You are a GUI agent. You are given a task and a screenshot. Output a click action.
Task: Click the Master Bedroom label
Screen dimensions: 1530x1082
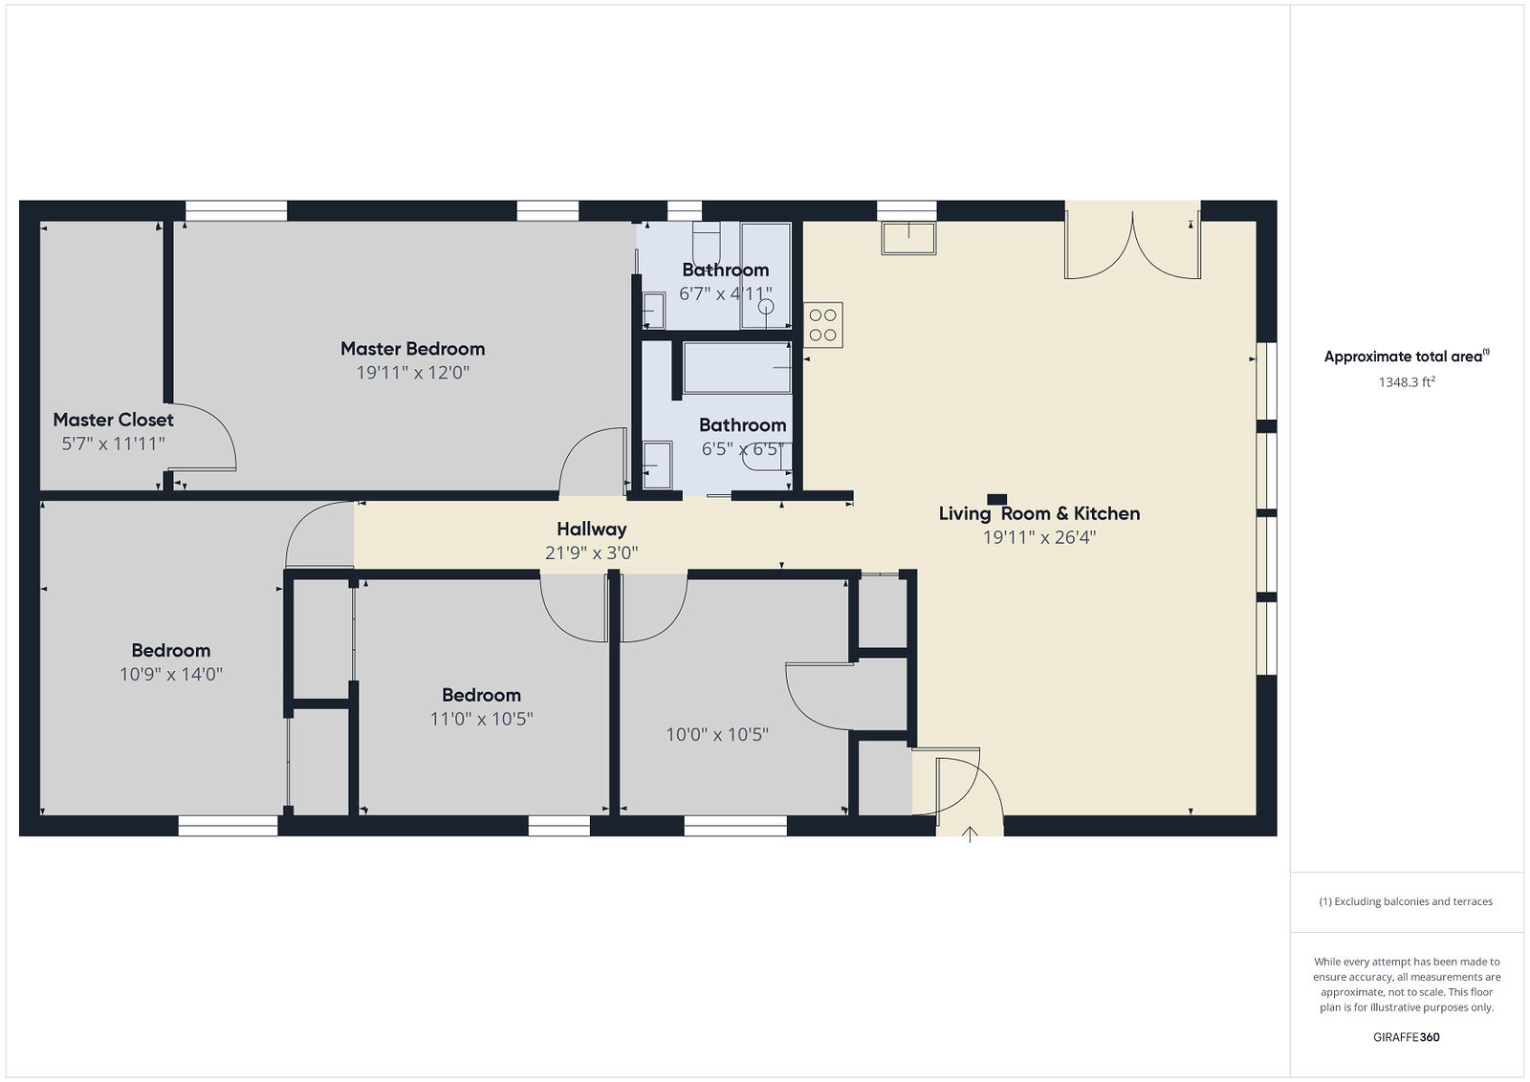412,349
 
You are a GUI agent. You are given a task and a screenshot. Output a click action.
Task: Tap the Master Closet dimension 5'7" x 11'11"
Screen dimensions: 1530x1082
114,444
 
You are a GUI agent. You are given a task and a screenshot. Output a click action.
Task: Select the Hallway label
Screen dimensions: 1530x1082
592,530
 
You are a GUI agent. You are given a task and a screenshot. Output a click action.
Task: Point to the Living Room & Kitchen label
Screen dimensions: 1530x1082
1038,513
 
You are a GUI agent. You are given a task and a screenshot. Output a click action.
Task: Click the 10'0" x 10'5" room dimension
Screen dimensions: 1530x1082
717,734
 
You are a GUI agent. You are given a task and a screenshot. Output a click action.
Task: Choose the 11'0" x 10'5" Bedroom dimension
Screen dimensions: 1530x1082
482,719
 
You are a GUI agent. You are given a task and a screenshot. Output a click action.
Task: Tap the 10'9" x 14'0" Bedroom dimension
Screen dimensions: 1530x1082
171,675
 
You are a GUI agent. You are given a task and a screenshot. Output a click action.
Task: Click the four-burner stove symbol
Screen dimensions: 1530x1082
823,325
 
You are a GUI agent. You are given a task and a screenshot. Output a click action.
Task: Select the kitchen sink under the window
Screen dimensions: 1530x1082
908,238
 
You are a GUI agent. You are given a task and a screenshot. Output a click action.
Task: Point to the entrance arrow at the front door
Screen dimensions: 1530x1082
970,834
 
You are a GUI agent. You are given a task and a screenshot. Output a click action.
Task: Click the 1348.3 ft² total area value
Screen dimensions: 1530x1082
1407,381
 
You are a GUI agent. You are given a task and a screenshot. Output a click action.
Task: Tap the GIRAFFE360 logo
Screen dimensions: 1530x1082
1407,1037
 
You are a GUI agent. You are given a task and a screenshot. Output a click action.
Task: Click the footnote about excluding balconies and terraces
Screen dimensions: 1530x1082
1406,901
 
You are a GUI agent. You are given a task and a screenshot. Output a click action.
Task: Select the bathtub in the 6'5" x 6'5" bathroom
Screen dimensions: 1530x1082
737,368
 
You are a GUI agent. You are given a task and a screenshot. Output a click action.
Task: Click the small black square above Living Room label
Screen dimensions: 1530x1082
997,499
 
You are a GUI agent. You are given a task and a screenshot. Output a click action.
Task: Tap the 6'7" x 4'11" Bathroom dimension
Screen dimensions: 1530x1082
726,294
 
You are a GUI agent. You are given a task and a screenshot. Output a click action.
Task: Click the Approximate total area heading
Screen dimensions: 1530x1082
1407,356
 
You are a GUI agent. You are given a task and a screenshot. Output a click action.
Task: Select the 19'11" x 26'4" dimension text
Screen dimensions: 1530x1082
1038,538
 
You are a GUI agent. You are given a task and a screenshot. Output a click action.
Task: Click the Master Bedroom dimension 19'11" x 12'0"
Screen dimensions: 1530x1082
412,373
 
